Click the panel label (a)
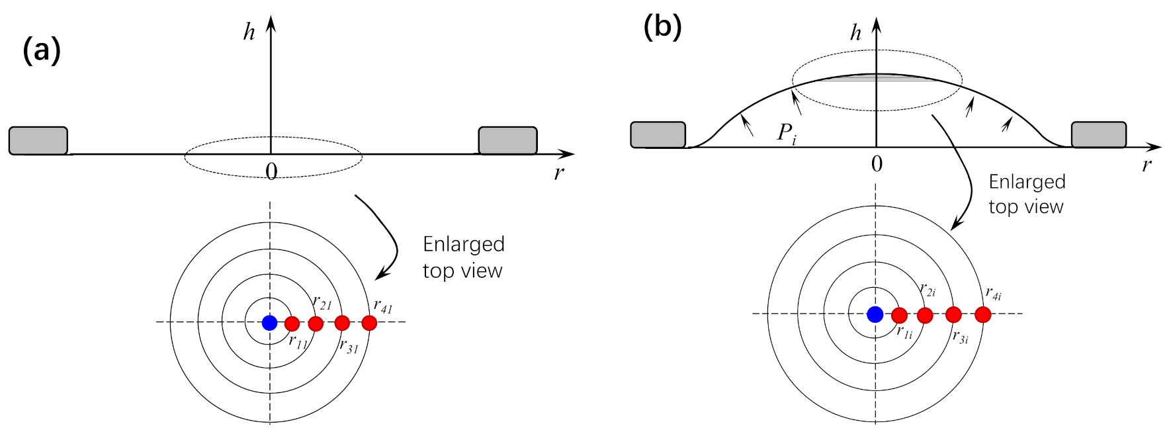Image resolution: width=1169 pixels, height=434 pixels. click(x=42, y=50)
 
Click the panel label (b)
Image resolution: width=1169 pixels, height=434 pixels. click(x=662, y=27)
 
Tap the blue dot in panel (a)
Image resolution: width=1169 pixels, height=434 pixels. click(x=269, y=323)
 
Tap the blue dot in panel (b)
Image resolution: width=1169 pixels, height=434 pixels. click(x=875, y=314)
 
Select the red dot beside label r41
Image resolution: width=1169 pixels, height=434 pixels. click(x=369, y=323)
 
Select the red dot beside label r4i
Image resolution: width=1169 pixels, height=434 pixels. click(x=983, y=314)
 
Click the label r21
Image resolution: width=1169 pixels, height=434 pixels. click(x=322, y=303)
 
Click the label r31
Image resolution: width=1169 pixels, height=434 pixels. click(x=349, y=346)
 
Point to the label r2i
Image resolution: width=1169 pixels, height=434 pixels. click(x=928, y=290)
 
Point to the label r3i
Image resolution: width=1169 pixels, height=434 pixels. click(x=960, y=337)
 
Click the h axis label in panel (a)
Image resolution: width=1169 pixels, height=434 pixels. click(x=249, y=32)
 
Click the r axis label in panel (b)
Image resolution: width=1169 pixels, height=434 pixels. click(x=1147, y=165)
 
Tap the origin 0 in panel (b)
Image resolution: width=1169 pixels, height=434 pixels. click(x=877, y=164)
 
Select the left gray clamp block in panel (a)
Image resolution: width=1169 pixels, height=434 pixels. click(x=38, y=141)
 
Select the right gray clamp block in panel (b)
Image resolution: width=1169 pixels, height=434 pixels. click(x=1098, y=134)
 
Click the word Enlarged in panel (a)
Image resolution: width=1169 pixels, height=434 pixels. click(x=464, y=244)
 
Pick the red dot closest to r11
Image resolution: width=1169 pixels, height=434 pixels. click(x=292, y=324)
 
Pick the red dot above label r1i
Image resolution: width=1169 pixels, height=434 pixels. click(x=899, y=315)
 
